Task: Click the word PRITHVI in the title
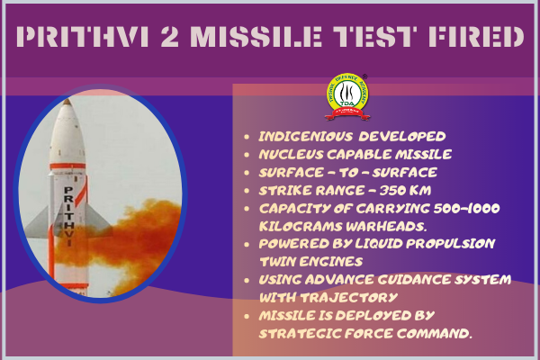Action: [x=83, y=37]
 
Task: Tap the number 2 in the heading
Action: [x=170, y=37]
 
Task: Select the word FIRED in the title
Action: [x=476, y=37]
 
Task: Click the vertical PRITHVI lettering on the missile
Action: [x=69, y=216]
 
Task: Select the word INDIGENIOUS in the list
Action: [x=305, y=137]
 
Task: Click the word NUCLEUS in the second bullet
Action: [x=291, y=154]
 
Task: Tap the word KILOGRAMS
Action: [x=300, y=226]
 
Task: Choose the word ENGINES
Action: [x=330, y=262]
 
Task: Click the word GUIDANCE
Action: [x=414, y=280]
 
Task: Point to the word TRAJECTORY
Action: [x=349, y=298]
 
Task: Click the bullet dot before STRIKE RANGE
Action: [x=247, y=191]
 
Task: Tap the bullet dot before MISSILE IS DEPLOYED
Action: [x=247, y=316]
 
